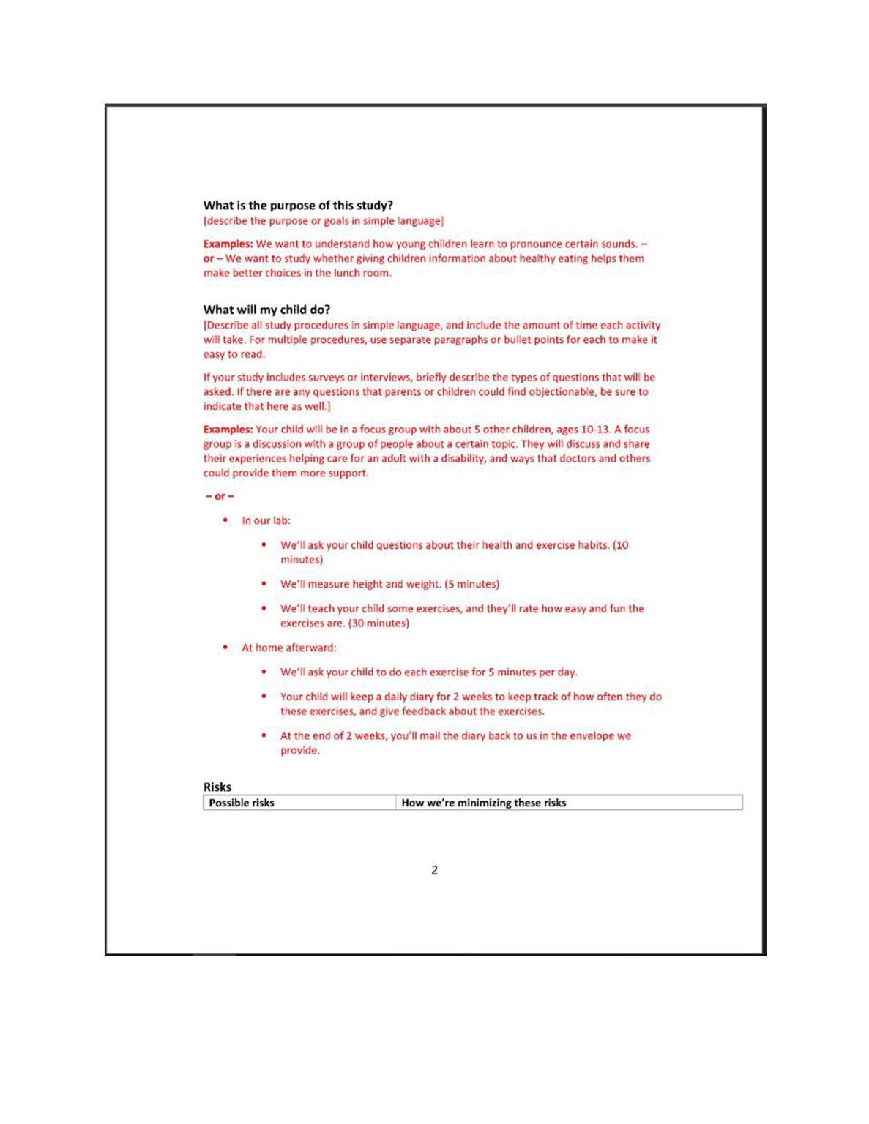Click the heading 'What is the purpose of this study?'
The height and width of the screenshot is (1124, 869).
tap(298, 206)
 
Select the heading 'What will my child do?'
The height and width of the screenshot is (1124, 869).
tap(266, 310)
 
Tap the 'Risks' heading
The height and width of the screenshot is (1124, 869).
tap(217, 787)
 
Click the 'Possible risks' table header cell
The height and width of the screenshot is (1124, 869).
tap(242, 803)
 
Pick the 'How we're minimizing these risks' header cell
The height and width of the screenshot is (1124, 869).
tap(483, 803)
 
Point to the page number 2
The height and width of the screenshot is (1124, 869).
tap(434, 870)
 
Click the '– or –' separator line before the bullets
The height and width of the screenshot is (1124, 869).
tap(220, 496)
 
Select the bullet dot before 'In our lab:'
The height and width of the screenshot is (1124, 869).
tap(225, 520)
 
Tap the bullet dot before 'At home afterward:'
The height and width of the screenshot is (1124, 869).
tap(225, 648)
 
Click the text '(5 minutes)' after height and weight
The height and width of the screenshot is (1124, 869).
tap(472, 584)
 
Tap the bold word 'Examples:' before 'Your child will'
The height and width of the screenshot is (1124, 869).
tap(228, 430)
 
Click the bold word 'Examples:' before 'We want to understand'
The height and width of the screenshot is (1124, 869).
tap(228, 244)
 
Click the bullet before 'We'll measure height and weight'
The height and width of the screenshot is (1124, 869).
tap(264, 584)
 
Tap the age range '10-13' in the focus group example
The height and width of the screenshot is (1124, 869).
tap(594, 430)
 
